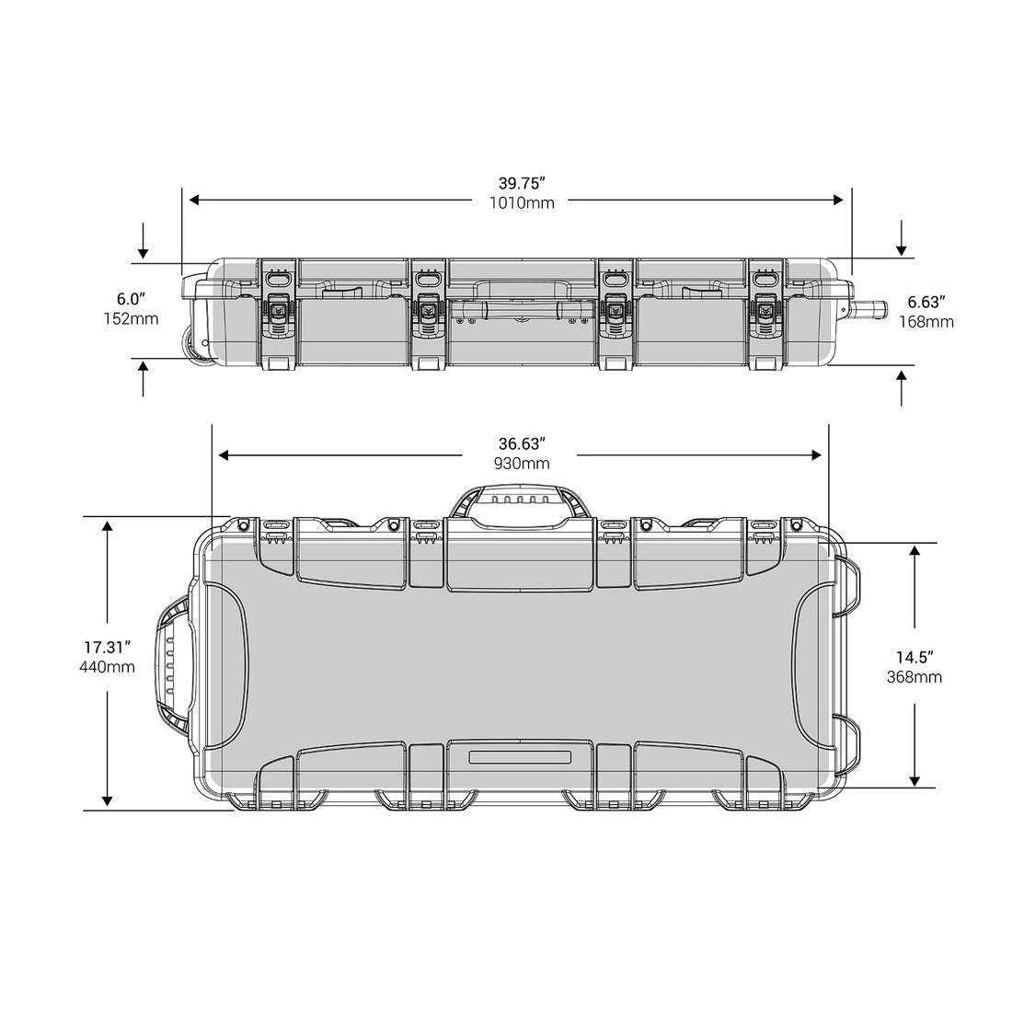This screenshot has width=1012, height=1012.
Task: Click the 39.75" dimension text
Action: click(522, 183)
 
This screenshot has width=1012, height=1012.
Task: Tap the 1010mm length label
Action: click(522, 202)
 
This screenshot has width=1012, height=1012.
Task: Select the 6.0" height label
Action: click(131, 300)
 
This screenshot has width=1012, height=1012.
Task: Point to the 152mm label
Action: click(131, 319)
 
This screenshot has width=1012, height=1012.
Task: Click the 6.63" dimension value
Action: click(926, 302)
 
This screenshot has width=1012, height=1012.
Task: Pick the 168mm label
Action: click(926, 321)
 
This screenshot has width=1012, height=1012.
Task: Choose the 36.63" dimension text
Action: click(522, 444)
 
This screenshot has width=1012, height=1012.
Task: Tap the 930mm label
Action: click(522, 464)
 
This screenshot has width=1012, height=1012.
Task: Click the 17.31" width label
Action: click(107, 647)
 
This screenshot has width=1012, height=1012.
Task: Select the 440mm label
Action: click(107, 667)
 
